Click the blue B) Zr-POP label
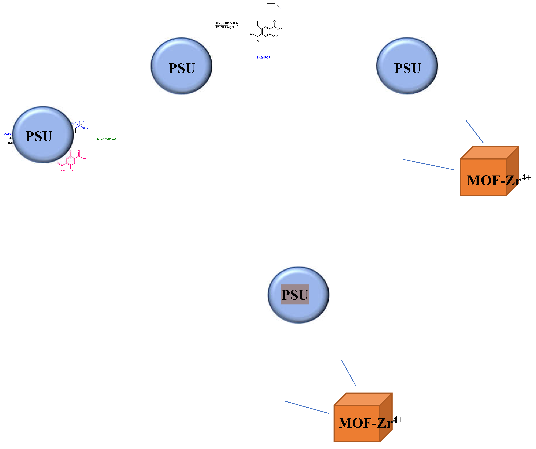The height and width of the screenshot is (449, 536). click(x=263, y=58)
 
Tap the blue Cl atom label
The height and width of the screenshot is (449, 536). click(x=281, y=9)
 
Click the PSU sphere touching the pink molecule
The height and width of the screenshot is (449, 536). click(x=43, y=135)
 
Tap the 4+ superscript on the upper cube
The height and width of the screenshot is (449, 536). click(x=526, y=177)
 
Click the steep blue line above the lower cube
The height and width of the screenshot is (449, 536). click(x=349, y=373)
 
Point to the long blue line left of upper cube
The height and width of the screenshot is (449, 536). click(x=429, y=165)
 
